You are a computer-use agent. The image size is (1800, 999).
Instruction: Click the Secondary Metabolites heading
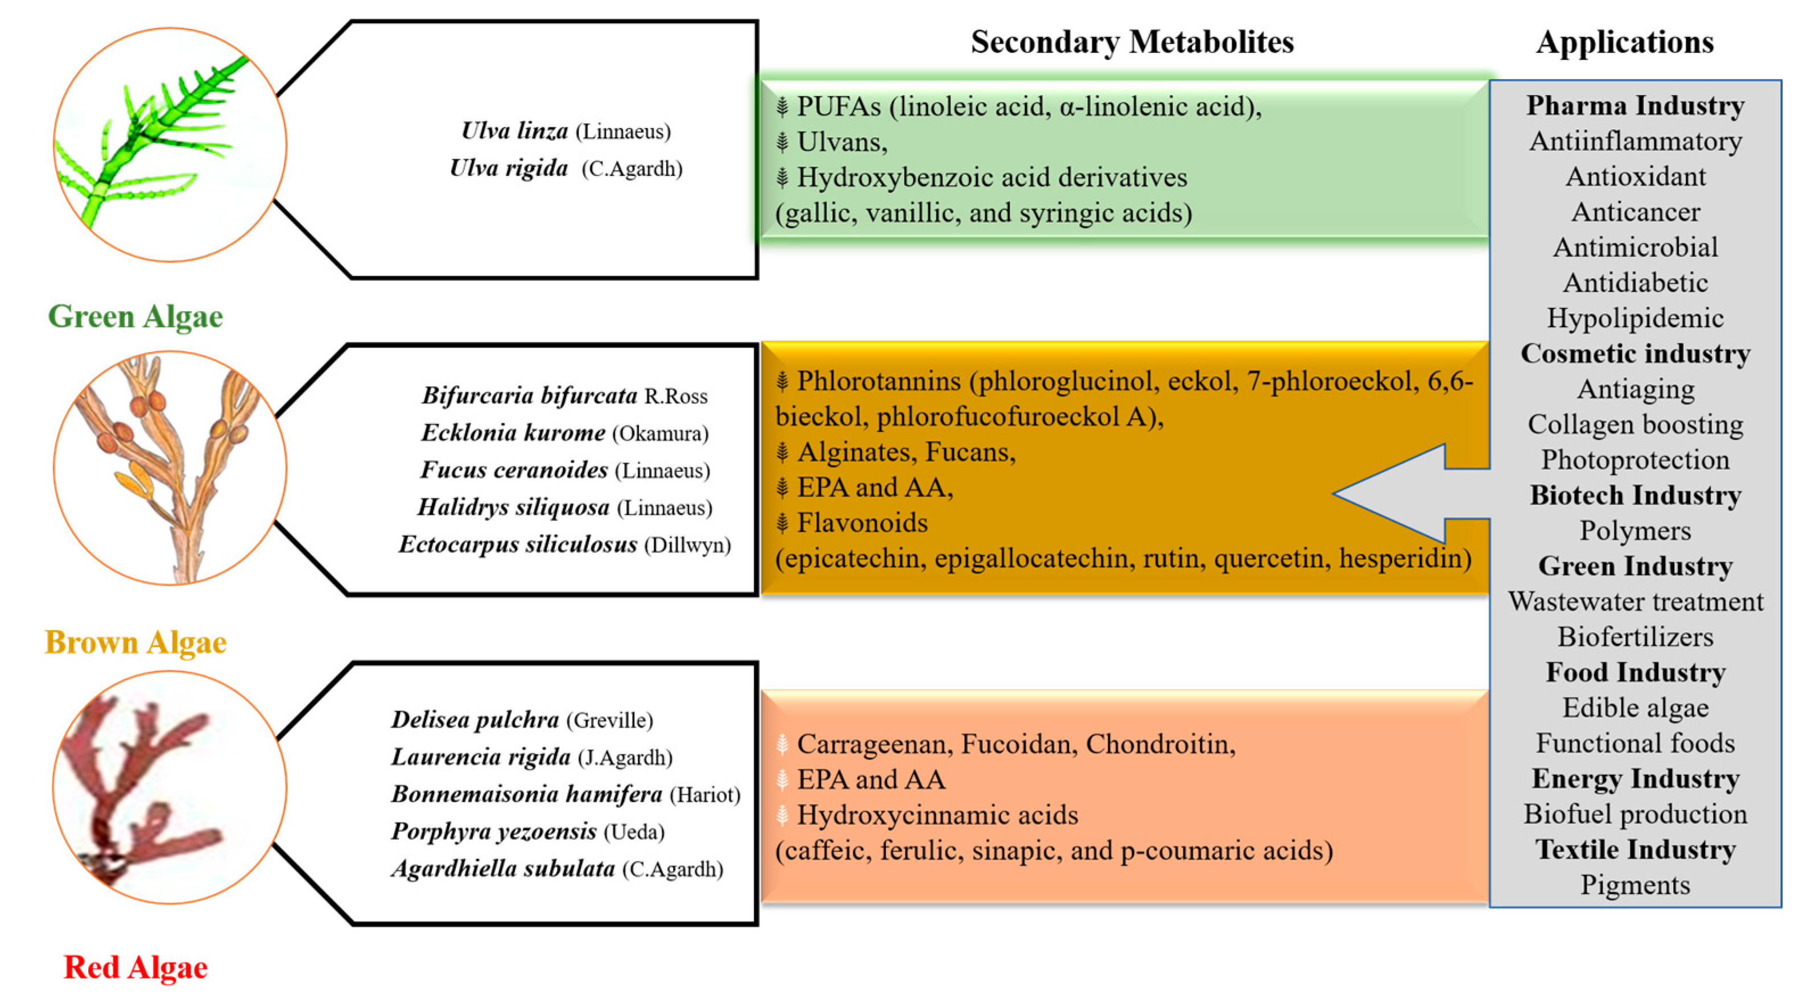pos(1132,42)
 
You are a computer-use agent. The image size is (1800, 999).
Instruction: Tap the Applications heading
pos(1625,42)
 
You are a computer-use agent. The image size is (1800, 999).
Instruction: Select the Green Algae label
pos(135,316)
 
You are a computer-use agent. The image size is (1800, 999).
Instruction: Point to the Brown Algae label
pos(135,642)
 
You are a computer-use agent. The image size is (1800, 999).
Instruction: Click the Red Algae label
pos(135,968)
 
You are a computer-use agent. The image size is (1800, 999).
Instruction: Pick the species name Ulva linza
pos(514,131)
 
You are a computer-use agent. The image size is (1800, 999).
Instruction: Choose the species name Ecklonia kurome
pos(513,432)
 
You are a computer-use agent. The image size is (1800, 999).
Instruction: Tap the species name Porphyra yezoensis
pos(493,831)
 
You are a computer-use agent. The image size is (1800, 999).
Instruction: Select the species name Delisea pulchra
pos(475,720)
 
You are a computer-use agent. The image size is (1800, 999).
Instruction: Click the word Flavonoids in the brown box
pos(862,523)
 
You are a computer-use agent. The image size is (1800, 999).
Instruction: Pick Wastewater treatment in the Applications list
pos(1635,601)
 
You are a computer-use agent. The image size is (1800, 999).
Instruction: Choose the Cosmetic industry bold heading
pos(1635,353)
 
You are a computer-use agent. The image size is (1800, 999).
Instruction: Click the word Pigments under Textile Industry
pos(1635,885)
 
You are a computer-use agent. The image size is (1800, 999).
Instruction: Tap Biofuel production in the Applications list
pos(1635,815)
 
